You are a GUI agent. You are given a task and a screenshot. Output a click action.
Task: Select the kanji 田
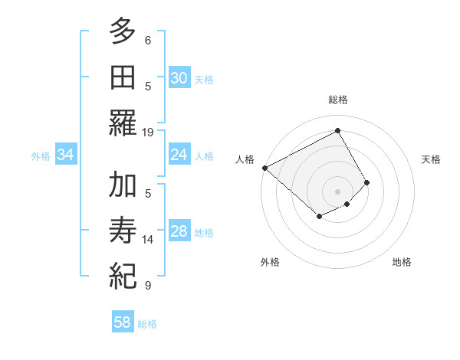tap(123, 77)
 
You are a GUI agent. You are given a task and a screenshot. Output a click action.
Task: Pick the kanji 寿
tap(123, 230)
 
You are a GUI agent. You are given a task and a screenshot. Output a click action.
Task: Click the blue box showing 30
tap(179, 77)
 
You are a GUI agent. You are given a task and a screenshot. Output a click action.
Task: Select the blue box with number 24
tap(179, 155)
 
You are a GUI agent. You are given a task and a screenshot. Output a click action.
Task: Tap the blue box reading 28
tap(179, 231)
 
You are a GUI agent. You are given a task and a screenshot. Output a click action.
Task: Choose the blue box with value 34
tap(65, 155)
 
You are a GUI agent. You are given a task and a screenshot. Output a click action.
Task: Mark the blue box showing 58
tap(122, 322)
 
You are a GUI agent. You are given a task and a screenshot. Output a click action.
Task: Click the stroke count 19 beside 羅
tap(148, 132)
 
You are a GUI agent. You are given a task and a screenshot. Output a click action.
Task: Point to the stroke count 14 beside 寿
tap(148, 240)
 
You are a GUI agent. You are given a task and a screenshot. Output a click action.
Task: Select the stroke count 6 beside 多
tap(148, 40)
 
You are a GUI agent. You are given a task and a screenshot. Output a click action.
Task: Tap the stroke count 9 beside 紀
tap(148, 286)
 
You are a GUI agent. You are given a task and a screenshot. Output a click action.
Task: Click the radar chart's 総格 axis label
tap(338, 100)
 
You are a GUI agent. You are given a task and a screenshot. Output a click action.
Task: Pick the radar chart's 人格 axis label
tap(245, 159)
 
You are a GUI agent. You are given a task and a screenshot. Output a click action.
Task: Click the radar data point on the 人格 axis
tap(264, 168)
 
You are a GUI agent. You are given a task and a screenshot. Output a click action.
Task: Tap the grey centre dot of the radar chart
tap(338, 191)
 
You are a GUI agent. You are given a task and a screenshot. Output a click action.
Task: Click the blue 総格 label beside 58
tap(147, 324)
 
